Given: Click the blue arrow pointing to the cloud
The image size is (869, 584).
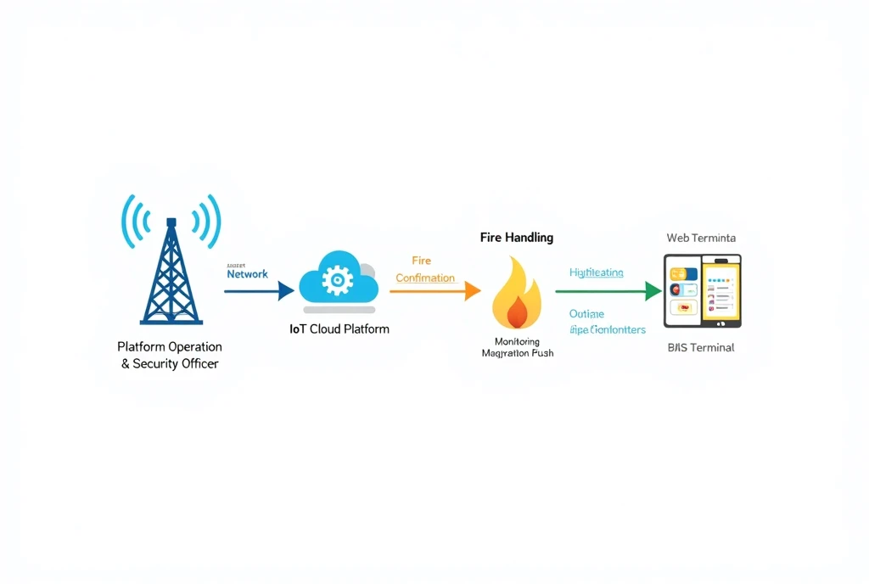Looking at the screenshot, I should (258, 291).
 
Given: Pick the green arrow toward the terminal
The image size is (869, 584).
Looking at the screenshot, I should (608, 291).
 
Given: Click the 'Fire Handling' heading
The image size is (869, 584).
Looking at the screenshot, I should (516, 238).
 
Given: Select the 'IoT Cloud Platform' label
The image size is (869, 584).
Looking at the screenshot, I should (339, 328).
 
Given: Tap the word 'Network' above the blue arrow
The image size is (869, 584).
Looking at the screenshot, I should (247, 274).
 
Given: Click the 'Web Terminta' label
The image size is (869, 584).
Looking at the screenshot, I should (701, 238).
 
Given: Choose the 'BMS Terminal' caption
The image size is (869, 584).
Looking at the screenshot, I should (700, 347).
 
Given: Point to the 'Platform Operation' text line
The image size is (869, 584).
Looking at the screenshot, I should (170, 346).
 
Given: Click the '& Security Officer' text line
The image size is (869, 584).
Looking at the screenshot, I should (170, 363).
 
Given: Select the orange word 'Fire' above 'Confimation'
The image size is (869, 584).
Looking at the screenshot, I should (421, 261).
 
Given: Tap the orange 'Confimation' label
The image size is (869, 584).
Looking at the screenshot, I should (425, 278).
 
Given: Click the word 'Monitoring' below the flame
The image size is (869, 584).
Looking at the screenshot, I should (516, 341).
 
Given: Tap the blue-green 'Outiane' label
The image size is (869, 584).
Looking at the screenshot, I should (586, 314).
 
